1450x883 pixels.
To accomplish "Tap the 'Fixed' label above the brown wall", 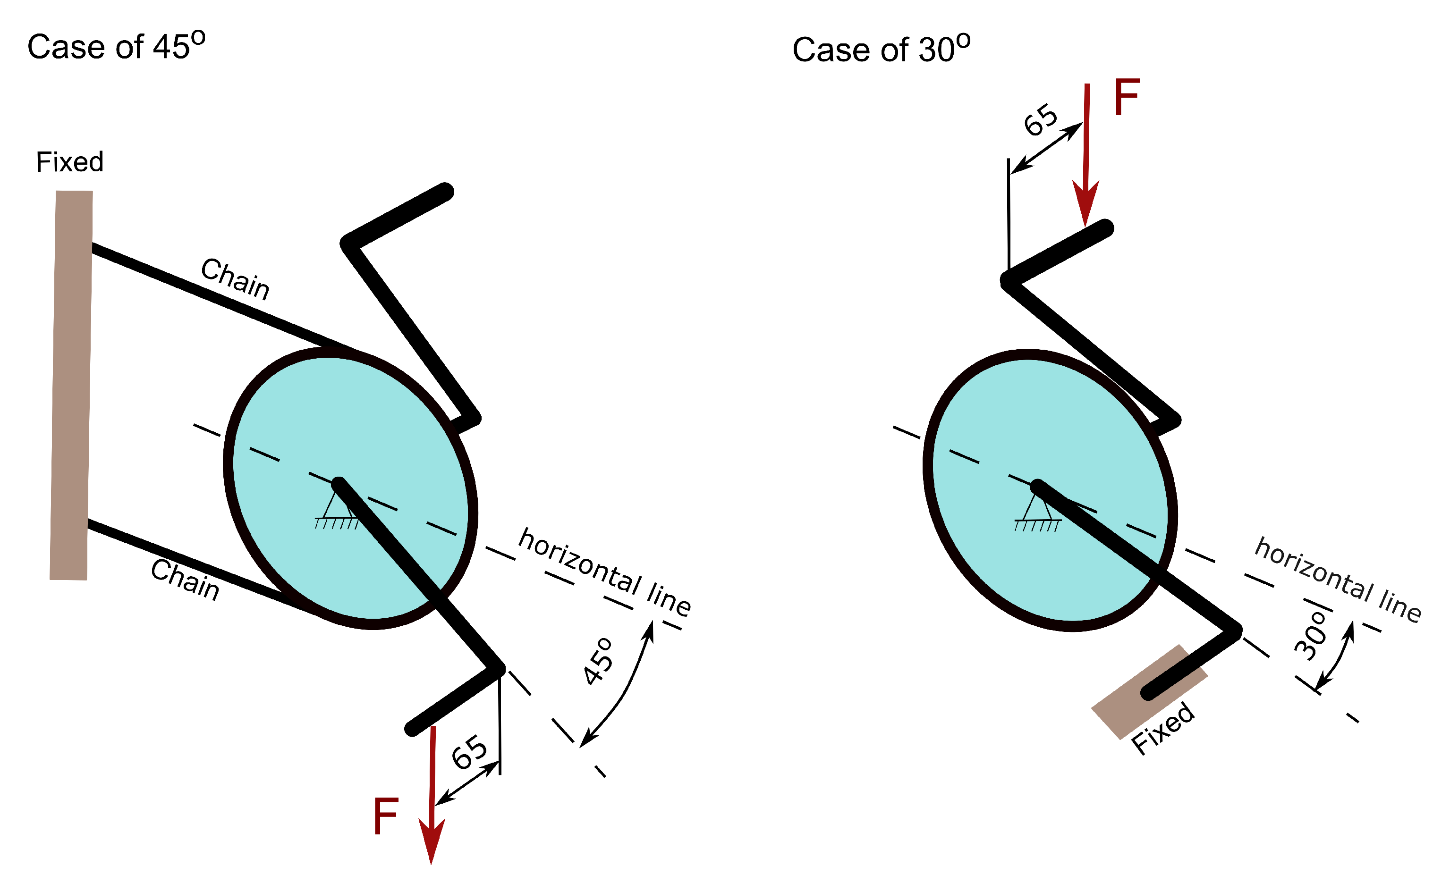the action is click(x=69, y=162).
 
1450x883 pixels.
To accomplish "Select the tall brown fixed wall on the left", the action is click(x=71, y=385).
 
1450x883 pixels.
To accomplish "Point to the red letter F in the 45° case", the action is click(x=386, y=816).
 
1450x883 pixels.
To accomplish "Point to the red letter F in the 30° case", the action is click(x=1127, y=98).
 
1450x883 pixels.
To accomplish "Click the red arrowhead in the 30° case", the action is click(x=1086, y=203).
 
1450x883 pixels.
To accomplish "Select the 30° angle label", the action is click(x=1311, y=637).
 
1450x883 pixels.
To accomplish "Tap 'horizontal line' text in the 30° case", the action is click(x=1338, y=580).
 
